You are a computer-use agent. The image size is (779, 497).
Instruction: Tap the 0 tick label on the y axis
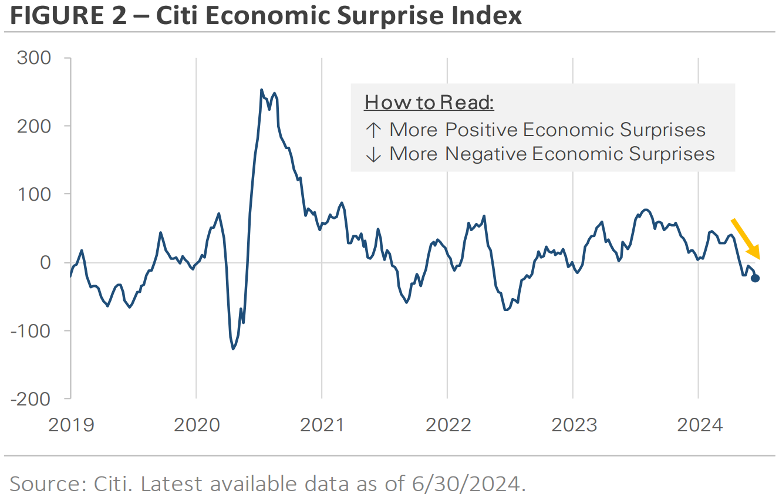coord(46,262)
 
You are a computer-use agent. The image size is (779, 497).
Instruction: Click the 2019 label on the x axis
coord(70,425)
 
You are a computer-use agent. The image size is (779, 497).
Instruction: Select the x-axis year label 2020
coord(196,425)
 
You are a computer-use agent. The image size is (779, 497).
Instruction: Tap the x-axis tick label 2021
coord(322,425)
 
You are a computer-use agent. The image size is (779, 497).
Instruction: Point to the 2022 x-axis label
coord(448,425)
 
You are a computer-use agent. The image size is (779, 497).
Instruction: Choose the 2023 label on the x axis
coord(574,425)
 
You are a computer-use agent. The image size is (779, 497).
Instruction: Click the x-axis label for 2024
coord(699,425)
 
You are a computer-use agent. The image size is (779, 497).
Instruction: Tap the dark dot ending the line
coord(755,278)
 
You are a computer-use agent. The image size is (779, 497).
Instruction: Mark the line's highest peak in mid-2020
coord(261,90)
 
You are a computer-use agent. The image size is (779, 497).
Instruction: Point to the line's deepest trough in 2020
coord(233,349)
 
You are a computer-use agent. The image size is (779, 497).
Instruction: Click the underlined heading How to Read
coord(429,103)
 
